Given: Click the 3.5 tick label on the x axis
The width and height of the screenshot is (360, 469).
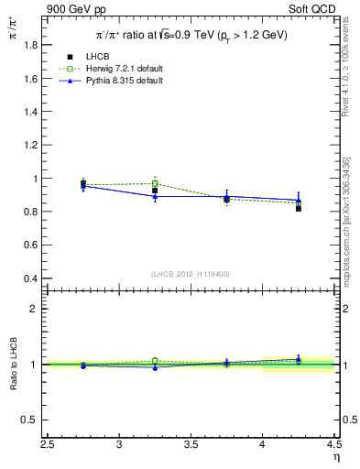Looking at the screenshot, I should click(x=191, y=444).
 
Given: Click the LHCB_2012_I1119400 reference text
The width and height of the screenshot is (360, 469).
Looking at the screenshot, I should click(x=191, y=274).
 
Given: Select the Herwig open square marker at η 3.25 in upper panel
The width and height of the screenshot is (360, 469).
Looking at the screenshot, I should click(x=155, y=184).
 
